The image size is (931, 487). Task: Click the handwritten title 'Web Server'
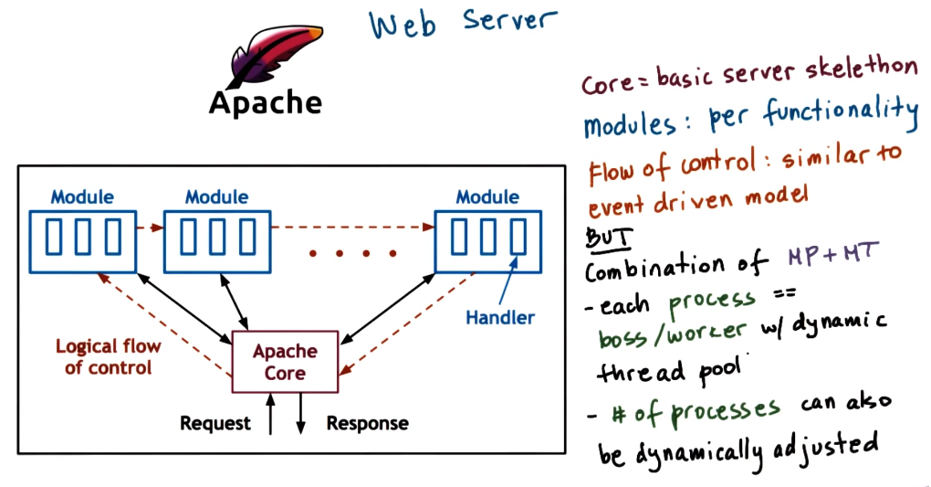point(461,24)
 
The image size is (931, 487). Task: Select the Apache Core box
point(285,363)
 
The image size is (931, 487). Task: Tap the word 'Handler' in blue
point(499,318)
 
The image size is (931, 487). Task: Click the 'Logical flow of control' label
point(108,357)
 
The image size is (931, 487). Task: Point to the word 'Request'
point(214,424)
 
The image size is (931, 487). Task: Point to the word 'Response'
point(367,424)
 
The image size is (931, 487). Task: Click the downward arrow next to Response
point(301,416)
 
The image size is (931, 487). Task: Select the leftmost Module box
point(82,240)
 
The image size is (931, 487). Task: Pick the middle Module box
point(216,240)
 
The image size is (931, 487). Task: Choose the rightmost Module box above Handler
point(486,240)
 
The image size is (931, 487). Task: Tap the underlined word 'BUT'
point(606,237)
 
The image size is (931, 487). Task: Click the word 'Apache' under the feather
point(265,102)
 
